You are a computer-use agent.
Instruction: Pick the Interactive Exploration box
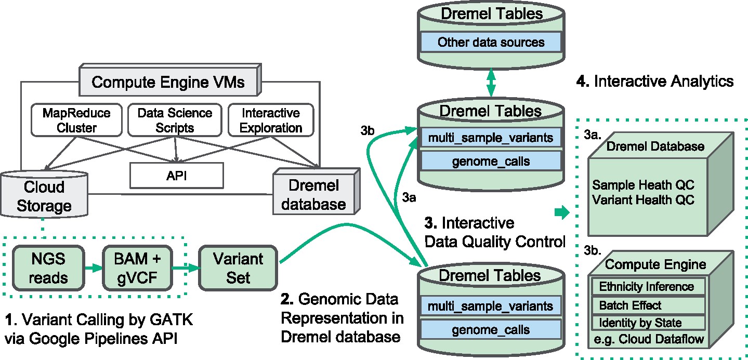tap(271, 119)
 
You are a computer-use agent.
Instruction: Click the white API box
tap(176, 176)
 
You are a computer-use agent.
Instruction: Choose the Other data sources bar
tap(491, 42)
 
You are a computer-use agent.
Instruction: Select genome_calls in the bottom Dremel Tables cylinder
tap(491, 329)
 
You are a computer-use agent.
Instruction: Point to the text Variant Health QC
tap(644, 199)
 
